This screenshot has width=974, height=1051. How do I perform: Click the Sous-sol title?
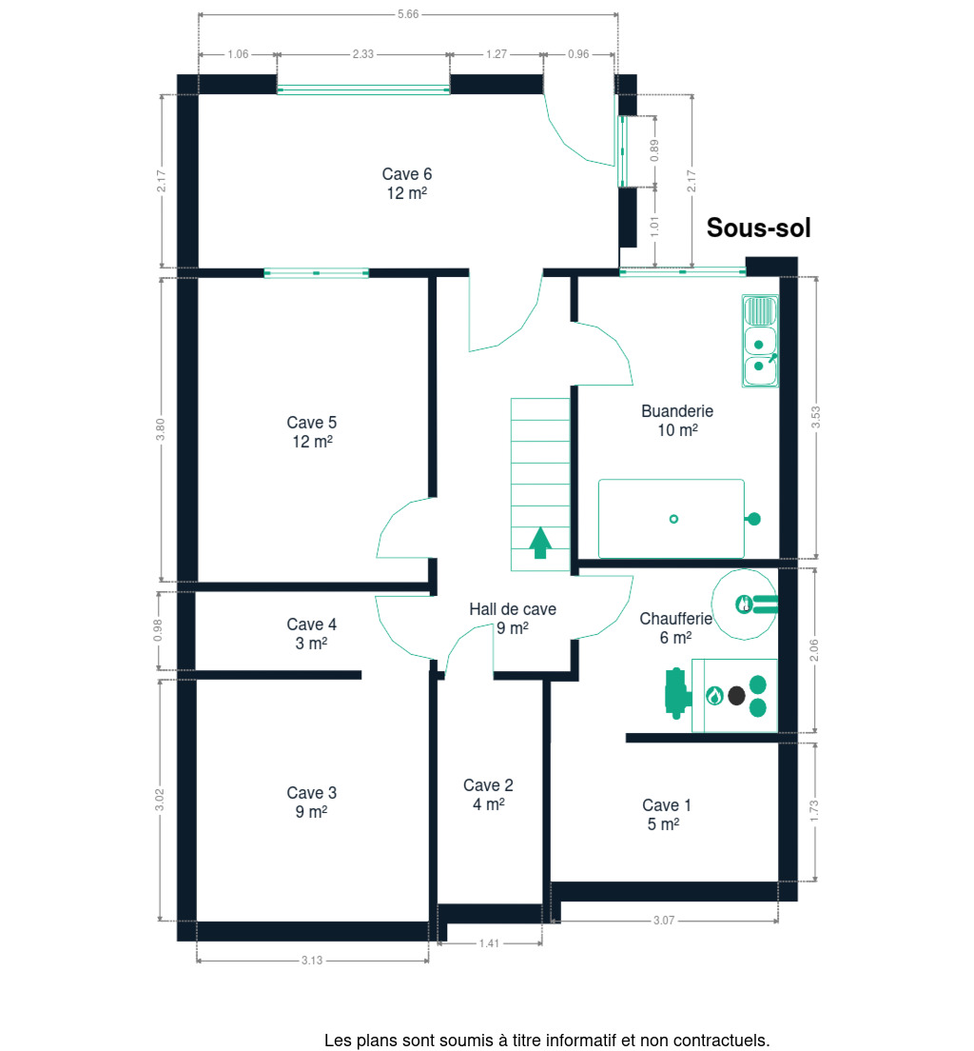(758, 228)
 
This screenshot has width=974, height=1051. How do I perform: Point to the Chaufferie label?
(675, 619)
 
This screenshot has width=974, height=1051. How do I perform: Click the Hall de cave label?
(513, 609)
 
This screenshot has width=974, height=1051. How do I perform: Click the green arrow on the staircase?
(540, 543)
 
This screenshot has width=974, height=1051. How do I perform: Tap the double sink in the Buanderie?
(760, 341)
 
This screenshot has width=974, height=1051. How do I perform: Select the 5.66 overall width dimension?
(408, 14)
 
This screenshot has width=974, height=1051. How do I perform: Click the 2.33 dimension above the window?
(363, 54)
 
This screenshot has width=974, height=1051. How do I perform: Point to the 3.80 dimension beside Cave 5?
(160, 429)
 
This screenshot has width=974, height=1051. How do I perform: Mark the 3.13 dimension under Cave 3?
(311, 961)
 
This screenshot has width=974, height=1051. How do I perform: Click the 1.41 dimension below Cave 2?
(489, 943)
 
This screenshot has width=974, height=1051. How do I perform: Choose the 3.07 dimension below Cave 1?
(664, 921)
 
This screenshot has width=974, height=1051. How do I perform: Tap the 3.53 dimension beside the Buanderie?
(815, 418)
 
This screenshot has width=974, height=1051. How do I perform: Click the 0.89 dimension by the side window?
(654, 150)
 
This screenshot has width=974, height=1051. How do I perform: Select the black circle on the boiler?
(736, 696)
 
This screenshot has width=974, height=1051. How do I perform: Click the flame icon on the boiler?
(715, 696)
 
